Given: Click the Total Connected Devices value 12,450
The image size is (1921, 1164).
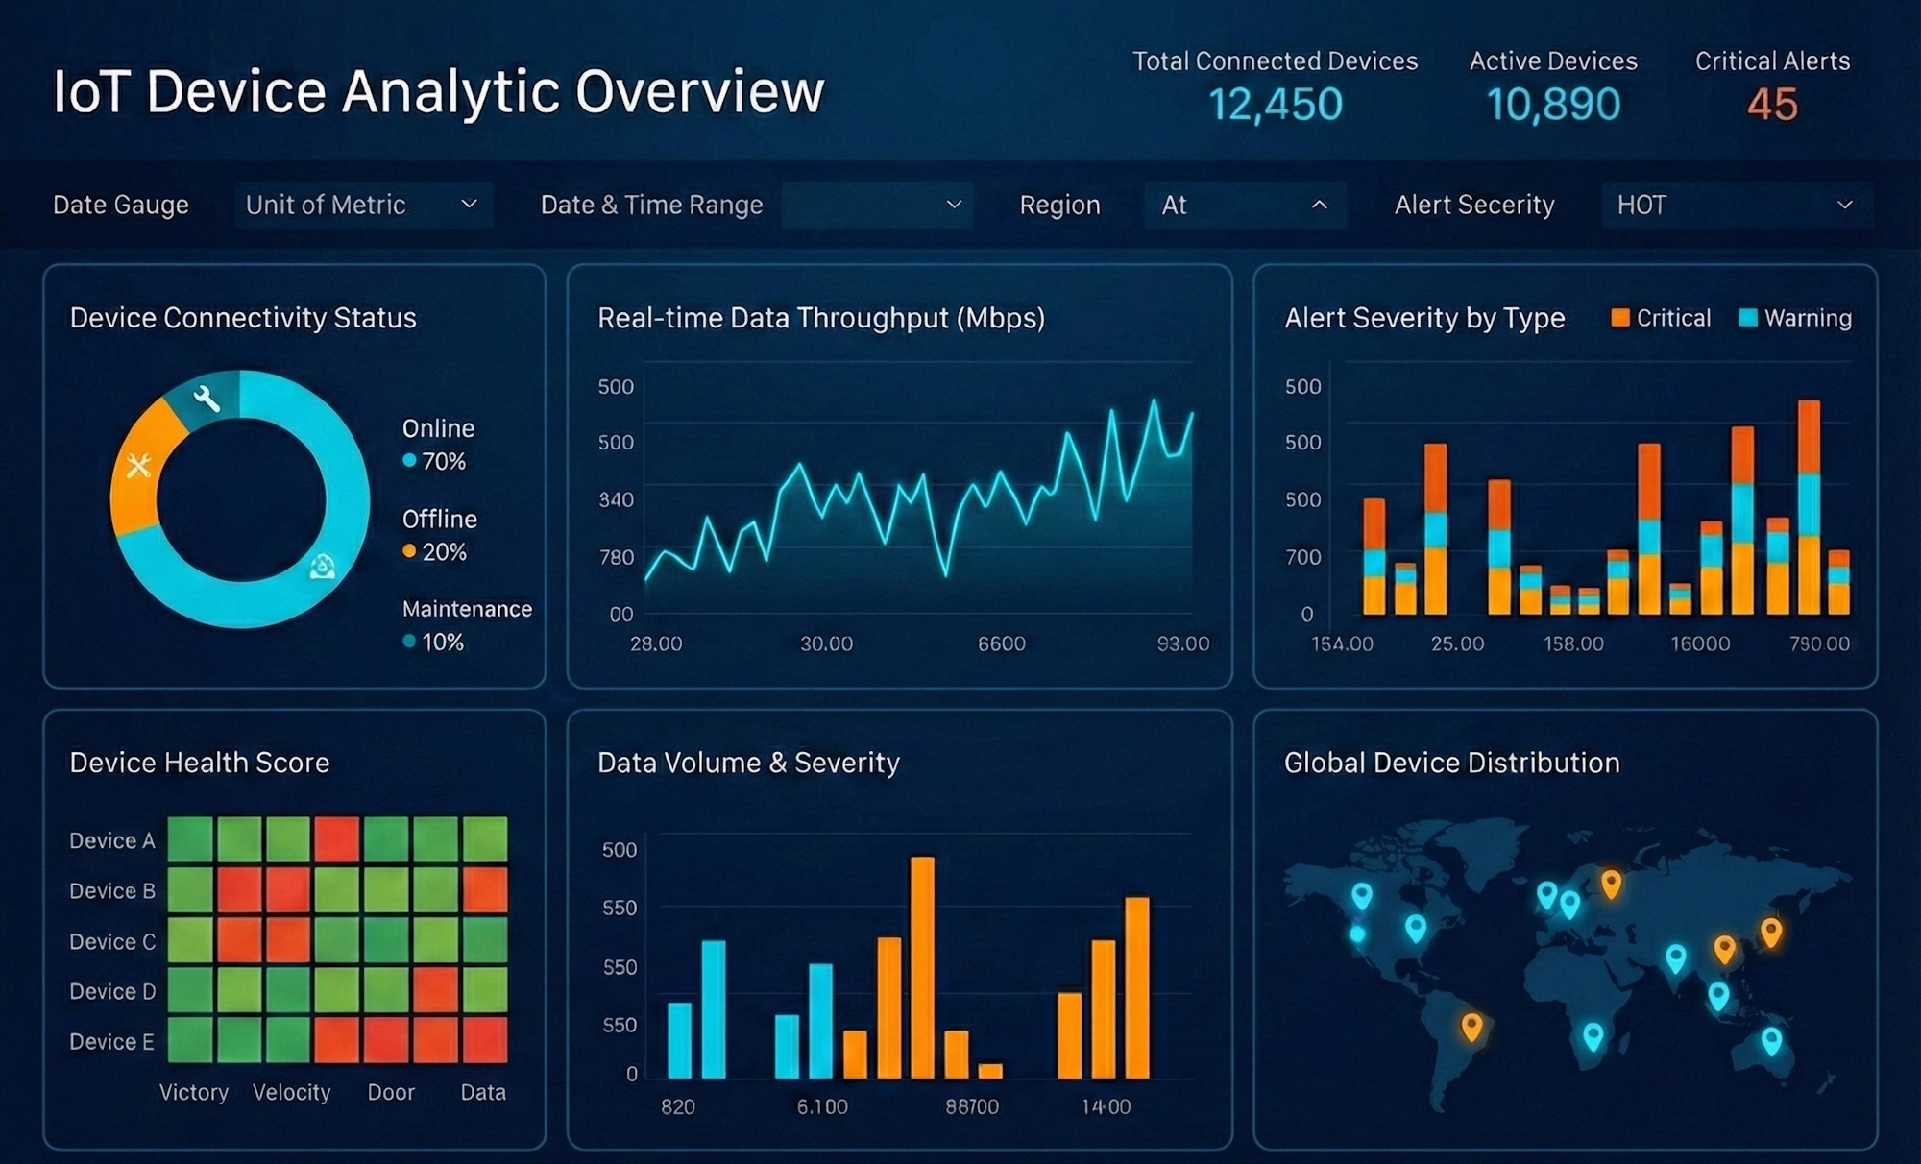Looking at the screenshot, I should (x=1275, y=105).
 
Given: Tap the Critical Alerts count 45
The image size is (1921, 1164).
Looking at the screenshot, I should (x=1771, y=105).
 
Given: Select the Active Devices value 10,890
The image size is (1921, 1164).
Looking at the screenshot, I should (x=1553, y=105).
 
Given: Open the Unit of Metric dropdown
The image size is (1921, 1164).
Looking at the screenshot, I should (x=363, y=205).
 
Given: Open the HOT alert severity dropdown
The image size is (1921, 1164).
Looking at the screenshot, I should (x=1736, y=205).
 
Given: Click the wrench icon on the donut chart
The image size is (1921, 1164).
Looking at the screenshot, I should (x=207, y=397).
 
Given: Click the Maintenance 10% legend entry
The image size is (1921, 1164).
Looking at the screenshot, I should (x=466, y=624).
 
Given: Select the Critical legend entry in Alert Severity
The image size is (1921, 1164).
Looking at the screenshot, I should (x=1662, y=318).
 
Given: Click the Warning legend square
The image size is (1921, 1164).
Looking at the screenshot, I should (x=1748, y=318).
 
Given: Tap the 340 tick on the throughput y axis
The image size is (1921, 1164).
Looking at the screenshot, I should (x=616, y=499).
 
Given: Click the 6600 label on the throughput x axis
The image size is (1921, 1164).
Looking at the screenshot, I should (x=1001, y=643).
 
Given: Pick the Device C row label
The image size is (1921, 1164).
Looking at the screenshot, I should (x=112, y=942).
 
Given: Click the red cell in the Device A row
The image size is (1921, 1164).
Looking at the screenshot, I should (x=337, y=839).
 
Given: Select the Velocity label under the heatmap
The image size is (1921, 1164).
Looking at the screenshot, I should (x=291, y=1092).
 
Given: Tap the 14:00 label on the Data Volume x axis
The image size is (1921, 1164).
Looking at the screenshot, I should (x=1106, y=1106).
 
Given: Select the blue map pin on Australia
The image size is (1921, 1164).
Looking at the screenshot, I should (x=1771, y=1039).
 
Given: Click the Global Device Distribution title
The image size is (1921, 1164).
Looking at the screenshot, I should (x=1451, y=763).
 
